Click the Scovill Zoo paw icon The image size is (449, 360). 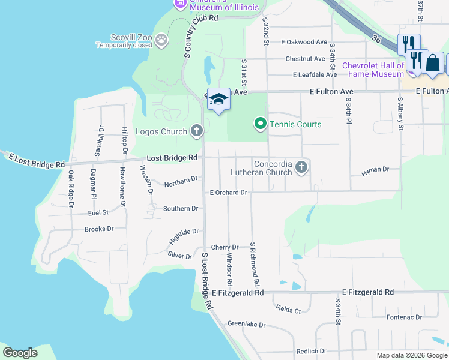pyautogui.click(x=161, y=40)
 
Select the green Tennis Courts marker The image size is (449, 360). pyautogui.click(x=260, y=124)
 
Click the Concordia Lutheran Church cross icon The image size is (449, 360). pyautogui.click(x=301, y=167)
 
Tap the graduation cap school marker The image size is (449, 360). pyautogui.click(x=218, y=99)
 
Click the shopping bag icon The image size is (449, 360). pyautogui.click(x=433, y=62)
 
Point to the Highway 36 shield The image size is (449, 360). pyautogui.click(x=376, y=38)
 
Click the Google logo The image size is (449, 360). pyautogui.click(x=20, y=353)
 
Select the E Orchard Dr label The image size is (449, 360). pyautogui.click(x=228, y=193)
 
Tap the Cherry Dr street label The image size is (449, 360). pyautogui.click(x=225, y=247)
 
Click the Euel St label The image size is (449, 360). pyautogui.click(x=98, y=212)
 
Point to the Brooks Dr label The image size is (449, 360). pyautogui.click(x=99, y=229)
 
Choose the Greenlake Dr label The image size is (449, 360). pyautogui.click(x=246, y=324)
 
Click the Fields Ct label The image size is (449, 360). pyautogui.click(x=288, y=310)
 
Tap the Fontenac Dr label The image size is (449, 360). pyautogui.click(x=404, y=317)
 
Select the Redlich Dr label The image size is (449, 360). pyautogui.click(x=311, y=351)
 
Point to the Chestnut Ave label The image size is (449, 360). pyautogui.click(x=305, y=59)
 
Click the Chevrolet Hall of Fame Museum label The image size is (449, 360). pyautogui.click(x=373, y=70)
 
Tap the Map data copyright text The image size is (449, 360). pyautogui.click(x=411, y=355)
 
